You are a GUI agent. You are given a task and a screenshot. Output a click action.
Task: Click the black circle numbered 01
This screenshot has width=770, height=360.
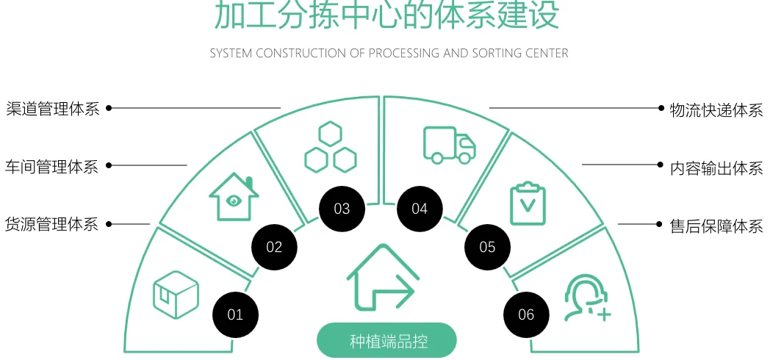click(235, 315)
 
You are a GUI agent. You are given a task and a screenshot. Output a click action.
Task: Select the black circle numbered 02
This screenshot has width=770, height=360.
click(274, 247)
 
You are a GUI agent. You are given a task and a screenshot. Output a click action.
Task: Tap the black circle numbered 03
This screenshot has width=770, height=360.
click(342, 209)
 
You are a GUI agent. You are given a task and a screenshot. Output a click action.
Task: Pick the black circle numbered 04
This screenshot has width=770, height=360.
click(420, 209)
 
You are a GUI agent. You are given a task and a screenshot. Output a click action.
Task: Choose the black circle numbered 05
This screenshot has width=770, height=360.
click(488, 247)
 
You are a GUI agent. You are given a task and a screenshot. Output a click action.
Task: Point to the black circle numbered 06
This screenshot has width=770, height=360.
click(526, 314)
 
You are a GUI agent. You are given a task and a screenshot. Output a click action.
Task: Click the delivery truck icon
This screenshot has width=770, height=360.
click(449, 144)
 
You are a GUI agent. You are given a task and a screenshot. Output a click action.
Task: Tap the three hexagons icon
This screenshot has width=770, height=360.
click(330, 148)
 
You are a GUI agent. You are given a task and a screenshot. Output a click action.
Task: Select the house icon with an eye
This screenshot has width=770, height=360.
click(234, 197)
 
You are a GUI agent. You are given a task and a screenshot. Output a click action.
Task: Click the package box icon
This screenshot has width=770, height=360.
click(176, 295)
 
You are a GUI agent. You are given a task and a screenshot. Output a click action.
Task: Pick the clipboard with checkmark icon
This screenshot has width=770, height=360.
click(528, 203)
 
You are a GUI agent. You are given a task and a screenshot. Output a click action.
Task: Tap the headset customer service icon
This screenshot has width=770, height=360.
click(586, 298)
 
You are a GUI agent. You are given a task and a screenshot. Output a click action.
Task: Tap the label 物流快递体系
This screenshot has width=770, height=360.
click(716, 110)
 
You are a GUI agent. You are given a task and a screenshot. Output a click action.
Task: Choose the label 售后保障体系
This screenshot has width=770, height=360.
click(716, 226)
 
